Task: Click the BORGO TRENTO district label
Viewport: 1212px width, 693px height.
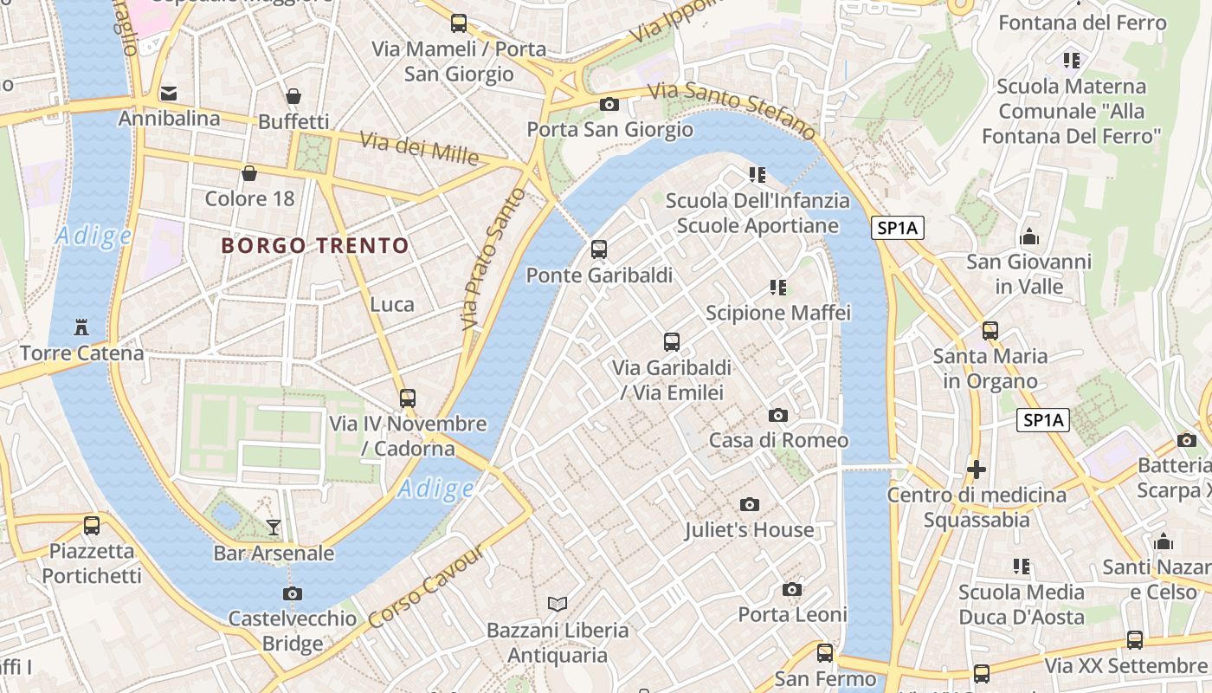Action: pyautogui.click(x=315, y=246)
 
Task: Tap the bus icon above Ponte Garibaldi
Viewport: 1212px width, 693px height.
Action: pyautogui.click(x=598, y=250)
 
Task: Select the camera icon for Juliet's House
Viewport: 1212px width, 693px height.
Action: pyautogui.click(x=750, y=504)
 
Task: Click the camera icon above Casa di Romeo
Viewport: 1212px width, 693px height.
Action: pyautogui.click(x=778, y=415)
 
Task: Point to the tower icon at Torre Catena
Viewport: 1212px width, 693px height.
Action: pyautogui.click(x=82, y=327)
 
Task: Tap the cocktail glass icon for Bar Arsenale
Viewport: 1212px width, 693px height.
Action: pyautogui.click(x=274, y=527)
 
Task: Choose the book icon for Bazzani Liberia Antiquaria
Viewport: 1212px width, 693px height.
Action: pyautogui.click(x=558, y=604)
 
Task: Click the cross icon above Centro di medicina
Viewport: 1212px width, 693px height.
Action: pyautogui.click(x=977, y=470)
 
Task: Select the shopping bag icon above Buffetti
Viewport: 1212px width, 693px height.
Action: pyautogui.click(x=293, y=95)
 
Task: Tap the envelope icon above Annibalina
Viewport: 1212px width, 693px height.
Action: pyautogui.click(x=169, y=93)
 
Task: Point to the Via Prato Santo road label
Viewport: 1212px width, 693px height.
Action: pyautogui.click(x=494, y=259)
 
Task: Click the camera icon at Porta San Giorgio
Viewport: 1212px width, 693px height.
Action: pyautogui.click(x=609, y=104)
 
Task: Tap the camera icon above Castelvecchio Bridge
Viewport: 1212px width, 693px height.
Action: pyautogui.click(x=293, y=593)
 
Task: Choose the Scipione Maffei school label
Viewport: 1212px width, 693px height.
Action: pyautogui.click(x=778, y=313)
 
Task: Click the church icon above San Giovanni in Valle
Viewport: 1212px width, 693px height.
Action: pyautogui.click(x=1029, y=236)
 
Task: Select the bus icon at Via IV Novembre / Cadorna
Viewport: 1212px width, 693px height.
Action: pyautogui.click(x=408, y=398)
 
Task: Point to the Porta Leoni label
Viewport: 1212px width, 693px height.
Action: pyautogui.click(x=792, y=614)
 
